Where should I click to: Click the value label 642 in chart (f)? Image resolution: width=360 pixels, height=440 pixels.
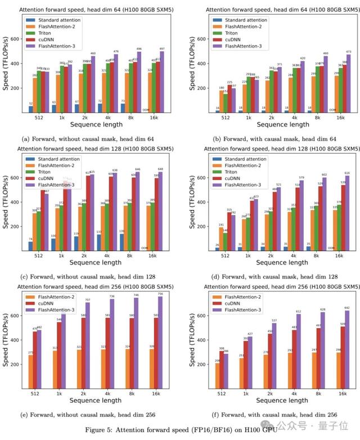(x=346, y=308)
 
